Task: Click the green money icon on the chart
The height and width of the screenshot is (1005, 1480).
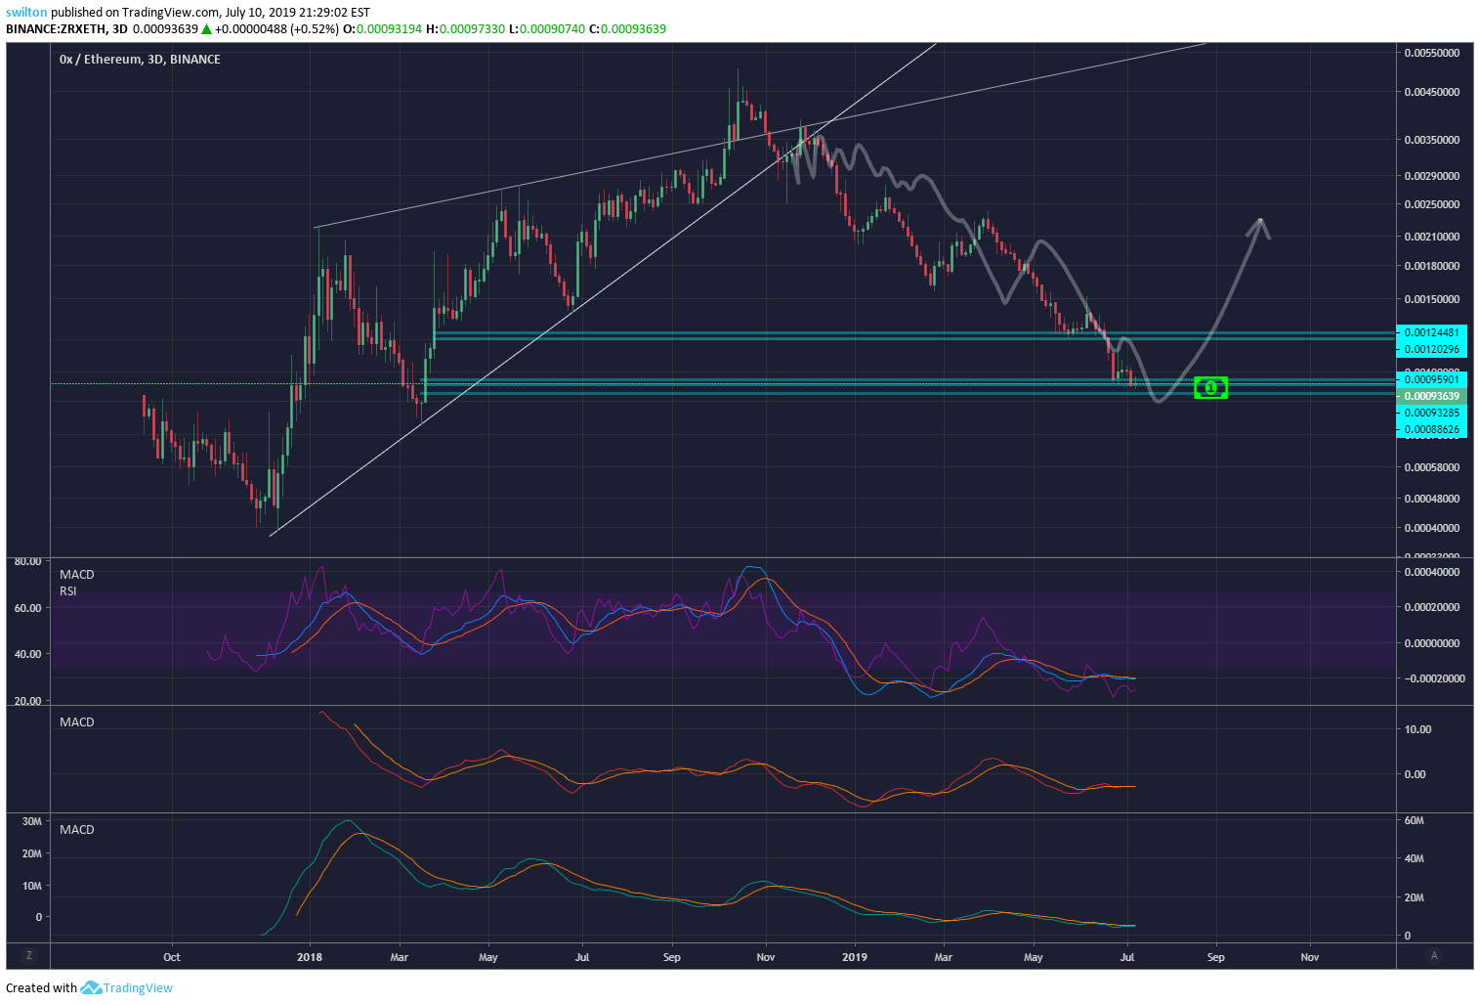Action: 1210,388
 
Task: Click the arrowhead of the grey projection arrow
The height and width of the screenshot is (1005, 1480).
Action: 1260,224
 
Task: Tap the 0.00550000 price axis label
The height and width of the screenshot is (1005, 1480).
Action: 1431,53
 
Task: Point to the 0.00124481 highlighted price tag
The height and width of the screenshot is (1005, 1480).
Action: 1431,332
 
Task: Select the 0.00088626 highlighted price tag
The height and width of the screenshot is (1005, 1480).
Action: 1431,429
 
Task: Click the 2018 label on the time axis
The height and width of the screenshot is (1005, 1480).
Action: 310,957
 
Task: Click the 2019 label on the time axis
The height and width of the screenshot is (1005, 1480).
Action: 855,957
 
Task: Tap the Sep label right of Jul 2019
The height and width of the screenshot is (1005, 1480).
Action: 1215,957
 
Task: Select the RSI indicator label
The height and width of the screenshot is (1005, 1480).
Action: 68,590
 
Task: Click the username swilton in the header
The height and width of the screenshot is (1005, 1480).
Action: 26,12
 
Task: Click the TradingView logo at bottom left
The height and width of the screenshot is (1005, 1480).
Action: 127,987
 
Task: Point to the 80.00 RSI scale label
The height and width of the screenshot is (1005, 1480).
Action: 26,561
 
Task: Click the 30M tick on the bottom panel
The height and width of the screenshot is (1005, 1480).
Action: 31,821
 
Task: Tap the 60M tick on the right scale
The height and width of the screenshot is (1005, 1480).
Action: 1414,820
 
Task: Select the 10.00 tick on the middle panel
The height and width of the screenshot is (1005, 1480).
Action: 1417,729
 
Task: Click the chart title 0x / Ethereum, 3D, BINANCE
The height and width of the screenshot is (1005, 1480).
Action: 140,59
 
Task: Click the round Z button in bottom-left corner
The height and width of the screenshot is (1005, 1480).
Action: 29,955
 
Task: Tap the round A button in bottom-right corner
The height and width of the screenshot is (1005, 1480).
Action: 1434,955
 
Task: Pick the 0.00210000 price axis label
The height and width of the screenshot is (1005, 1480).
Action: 1431,237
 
